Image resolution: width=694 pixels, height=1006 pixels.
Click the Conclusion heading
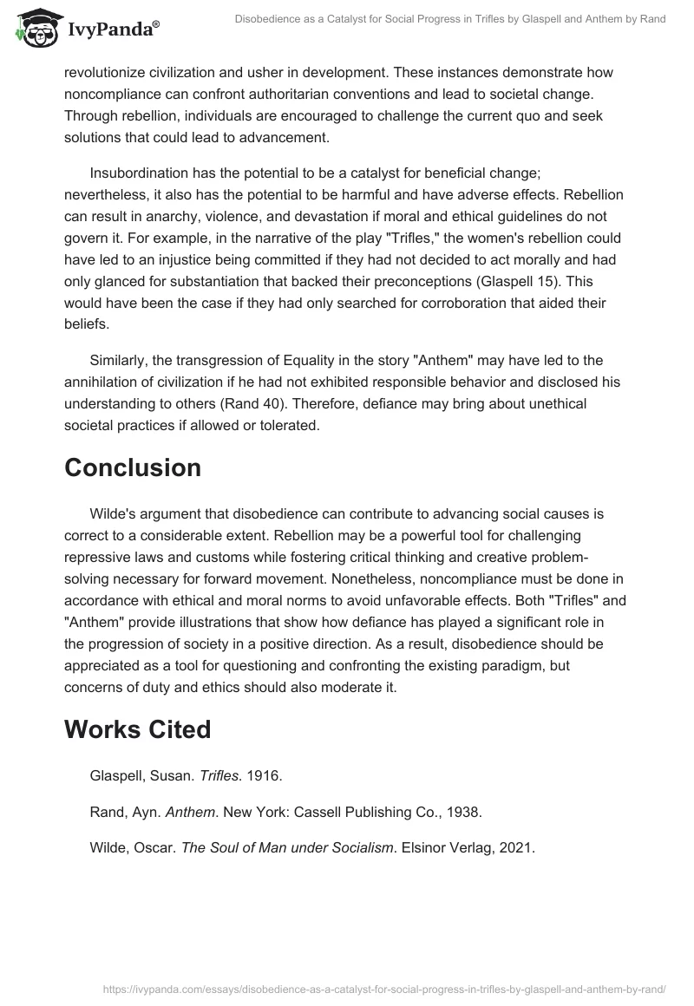(x=133, y=468)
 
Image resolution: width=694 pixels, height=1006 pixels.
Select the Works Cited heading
(x=137, y=729)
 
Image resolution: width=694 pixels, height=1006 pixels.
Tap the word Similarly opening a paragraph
(x=121, y=359)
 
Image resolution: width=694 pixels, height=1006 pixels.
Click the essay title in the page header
(x=450, y=19)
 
